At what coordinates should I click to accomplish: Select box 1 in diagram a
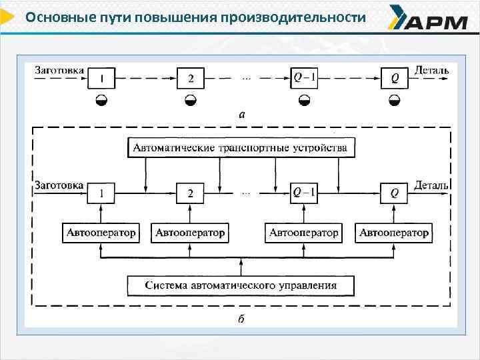coord(101,79)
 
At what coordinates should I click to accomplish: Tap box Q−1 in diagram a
coord(305,78)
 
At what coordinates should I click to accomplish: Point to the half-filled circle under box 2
coord(191,100)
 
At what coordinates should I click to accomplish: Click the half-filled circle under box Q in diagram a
coord(395,100)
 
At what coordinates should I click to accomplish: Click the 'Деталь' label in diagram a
coord(432,69)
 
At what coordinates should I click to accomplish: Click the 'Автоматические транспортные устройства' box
coord(241,147)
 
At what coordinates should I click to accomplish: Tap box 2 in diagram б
coord(191,193)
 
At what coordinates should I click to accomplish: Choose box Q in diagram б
coord(395,193)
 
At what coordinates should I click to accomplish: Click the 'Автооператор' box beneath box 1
coord(101,233)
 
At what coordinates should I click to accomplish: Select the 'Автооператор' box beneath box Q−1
coord(304,233)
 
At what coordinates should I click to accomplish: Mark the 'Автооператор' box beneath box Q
coord(394,233)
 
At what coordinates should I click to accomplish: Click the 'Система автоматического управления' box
coord(241,285)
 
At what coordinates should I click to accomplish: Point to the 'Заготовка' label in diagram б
coord(59,185)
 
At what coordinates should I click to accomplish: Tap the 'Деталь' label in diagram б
coord(431,185)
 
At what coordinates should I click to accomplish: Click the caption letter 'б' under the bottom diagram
coord(241,319)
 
